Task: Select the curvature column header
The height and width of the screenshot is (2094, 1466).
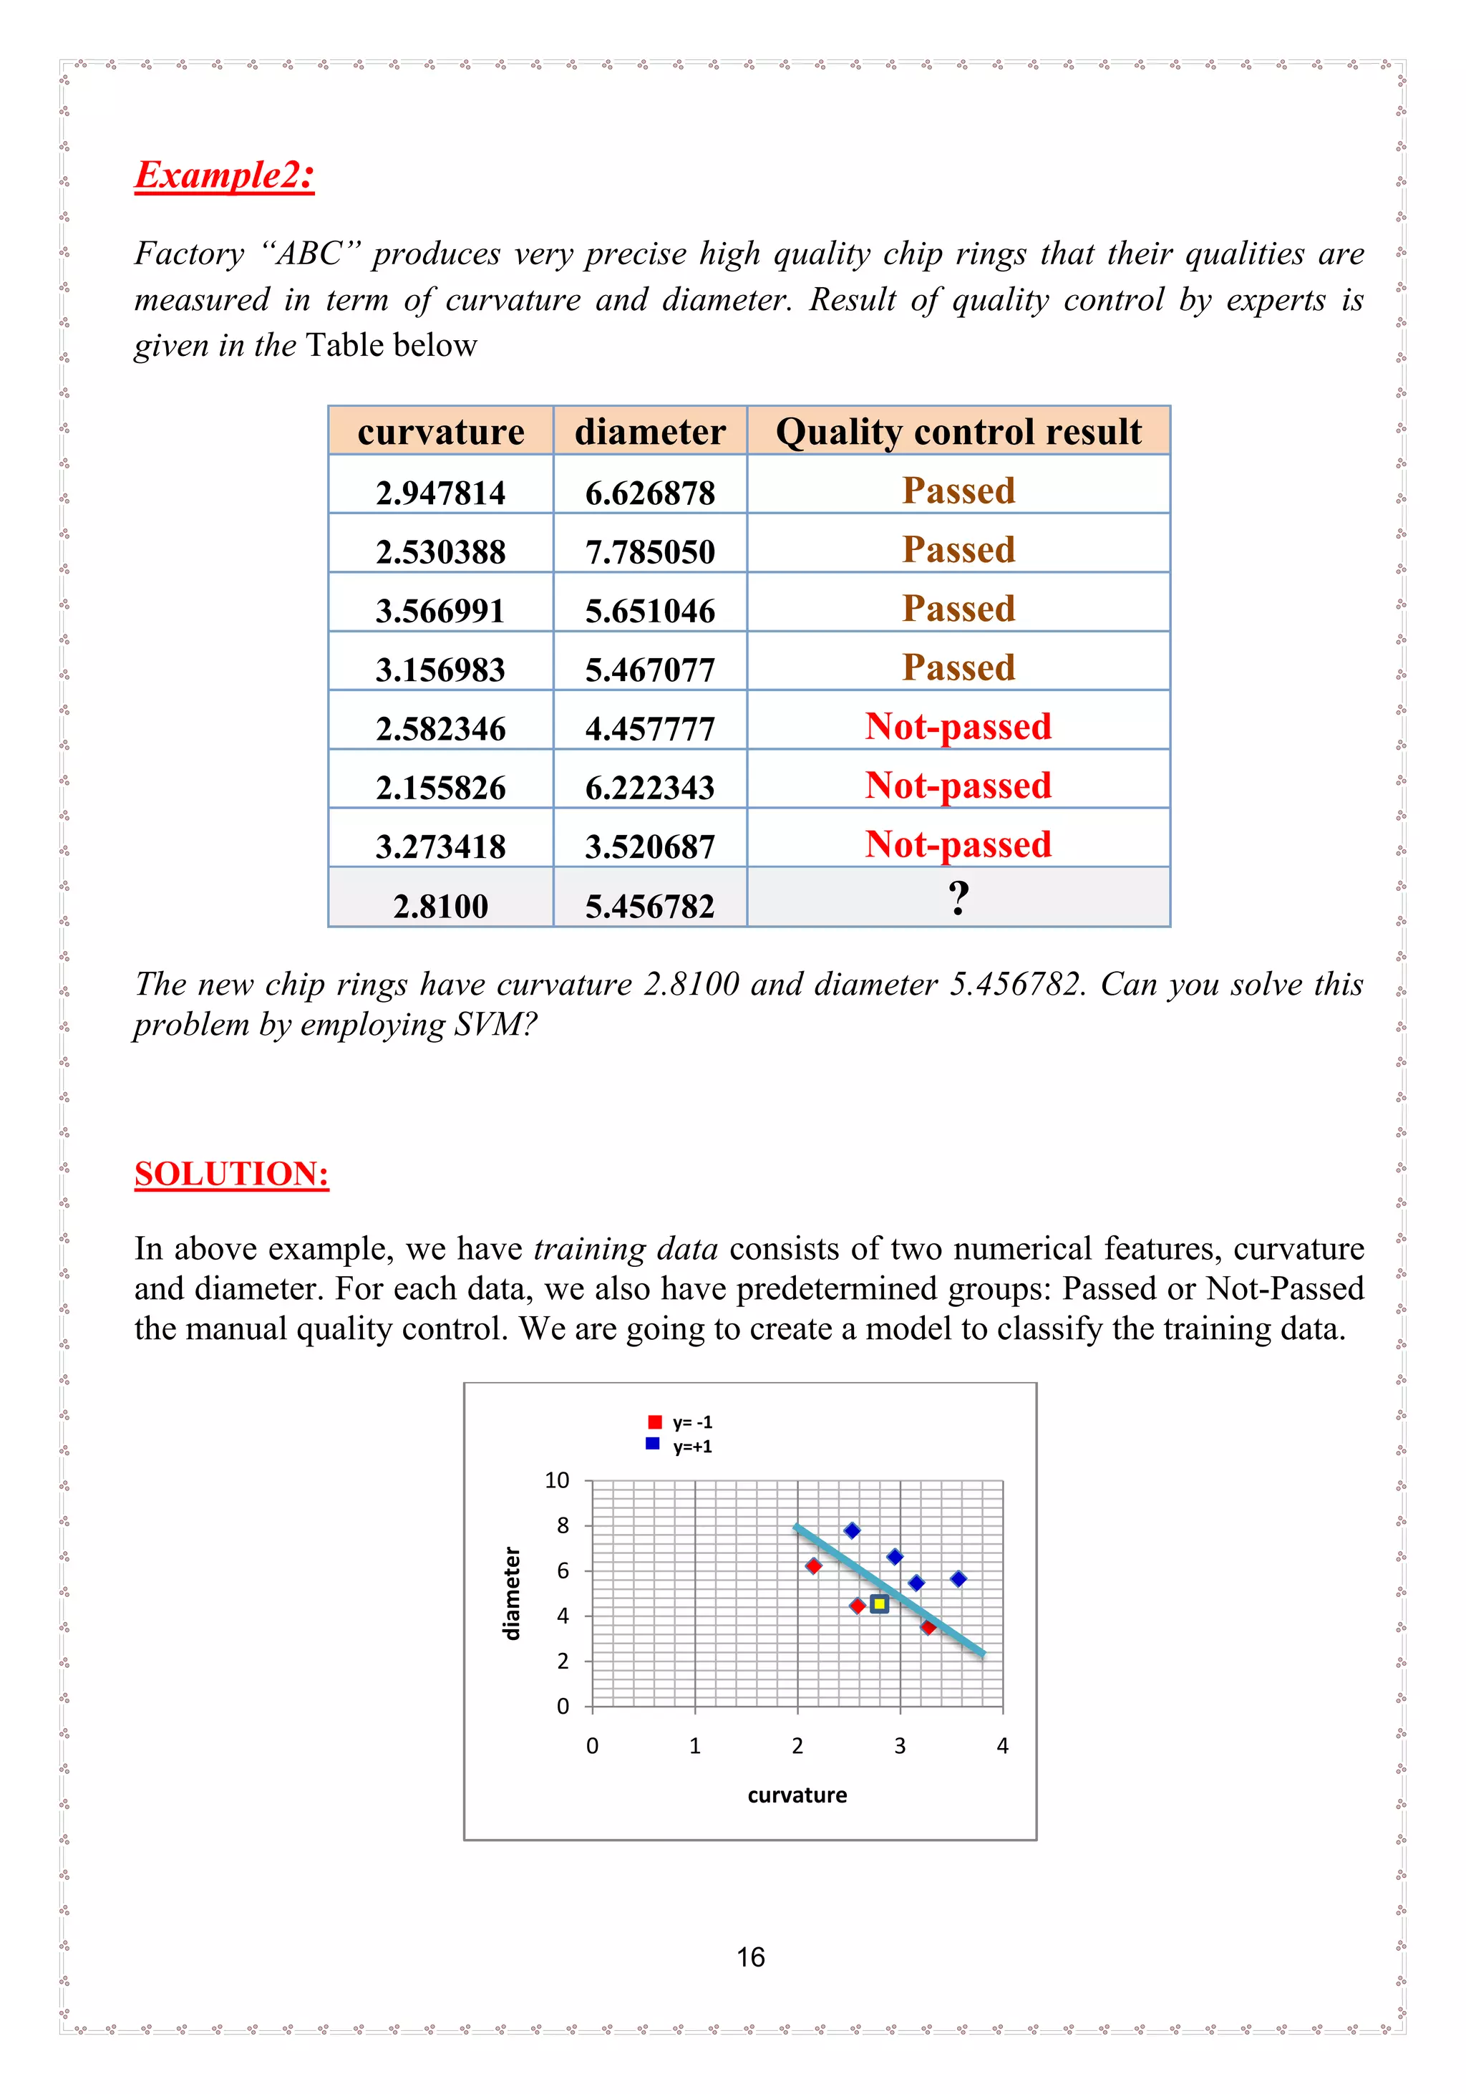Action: pos(440,431)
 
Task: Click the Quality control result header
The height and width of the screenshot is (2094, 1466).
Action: pos(958,431)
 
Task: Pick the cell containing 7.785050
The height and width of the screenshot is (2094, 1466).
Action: pos(650,551)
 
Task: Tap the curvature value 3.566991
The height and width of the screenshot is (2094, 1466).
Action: pos(440,610)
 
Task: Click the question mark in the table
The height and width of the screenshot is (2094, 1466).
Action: pos(958,898)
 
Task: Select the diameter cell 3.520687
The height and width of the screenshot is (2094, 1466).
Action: pos(650,846)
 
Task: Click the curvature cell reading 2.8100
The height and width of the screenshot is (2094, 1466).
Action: pos(440,906)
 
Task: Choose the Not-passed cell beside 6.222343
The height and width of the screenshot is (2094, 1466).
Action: pos(958,785)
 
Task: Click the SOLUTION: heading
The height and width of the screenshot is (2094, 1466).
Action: pos(232,1174)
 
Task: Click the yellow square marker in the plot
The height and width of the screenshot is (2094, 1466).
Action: pos(879,1603)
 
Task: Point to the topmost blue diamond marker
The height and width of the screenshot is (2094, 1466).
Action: pos(852,1530)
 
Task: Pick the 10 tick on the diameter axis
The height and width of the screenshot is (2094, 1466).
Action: pos(557,1480)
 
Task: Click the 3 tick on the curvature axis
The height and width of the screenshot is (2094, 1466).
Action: pos(900,1746)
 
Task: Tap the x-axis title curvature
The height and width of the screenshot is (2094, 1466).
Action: pos(797,1795)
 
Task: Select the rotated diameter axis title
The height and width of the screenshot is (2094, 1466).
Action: pos(513,1593)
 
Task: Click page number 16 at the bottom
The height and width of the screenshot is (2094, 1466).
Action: pos(750,1957)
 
